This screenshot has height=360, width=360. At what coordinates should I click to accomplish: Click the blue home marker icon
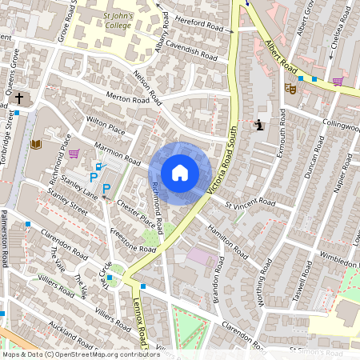tap(180, 173)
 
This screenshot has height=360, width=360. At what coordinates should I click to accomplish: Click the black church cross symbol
tap(20, 98)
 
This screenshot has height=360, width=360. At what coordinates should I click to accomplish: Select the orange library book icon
tap(36, 145)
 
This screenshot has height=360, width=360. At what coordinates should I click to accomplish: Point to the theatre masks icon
tap(291, 90)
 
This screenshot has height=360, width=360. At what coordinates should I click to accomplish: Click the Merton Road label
tap(130, 99)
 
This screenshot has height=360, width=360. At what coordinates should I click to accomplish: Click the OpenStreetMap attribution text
tap(80, 354)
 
